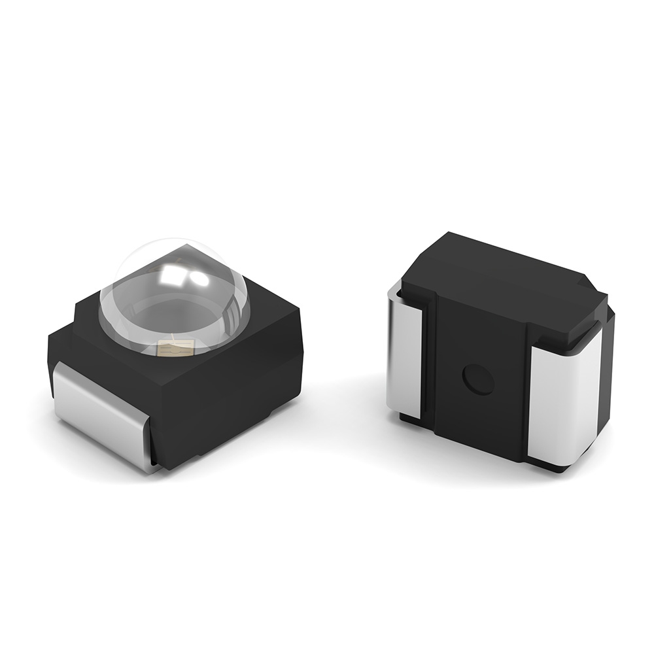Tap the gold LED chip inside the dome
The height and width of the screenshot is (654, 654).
point(175,347)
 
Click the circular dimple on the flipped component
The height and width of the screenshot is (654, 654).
point(478,380)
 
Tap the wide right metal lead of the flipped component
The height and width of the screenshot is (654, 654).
point(562,399)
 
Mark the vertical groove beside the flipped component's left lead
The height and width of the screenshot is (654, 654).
point(427,366)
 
